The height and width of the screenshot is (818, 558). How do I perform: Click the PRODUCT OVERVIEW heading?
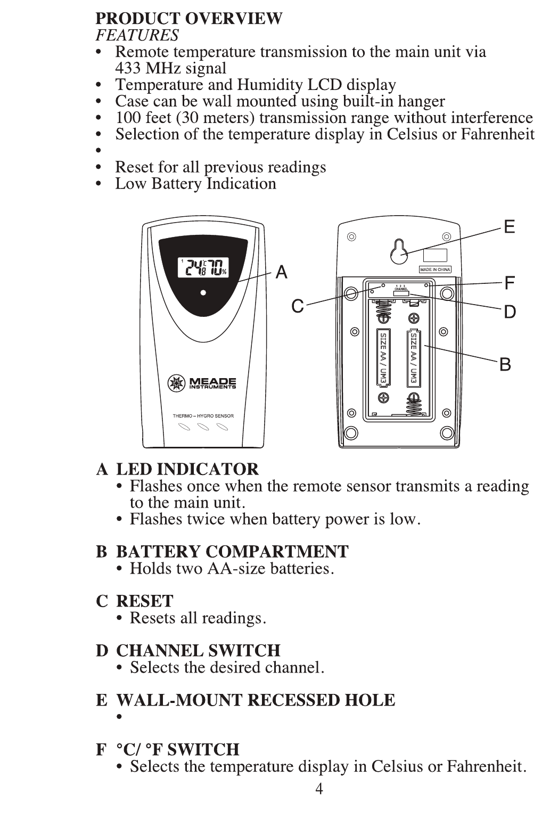coord(189,19)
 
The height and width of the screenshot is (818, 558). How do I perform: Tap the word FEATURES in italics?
coord(137,35)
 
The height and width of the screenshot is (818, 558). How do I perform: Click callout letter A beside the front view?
coord(281,273)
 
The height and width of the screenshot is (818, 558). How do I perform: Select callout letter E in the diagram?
coord(509,227)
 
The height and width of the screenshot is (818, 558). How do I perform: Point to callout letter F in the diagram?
coord(510,283)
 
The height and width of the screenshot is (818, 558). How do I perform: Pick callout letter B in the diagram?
coord(505,365)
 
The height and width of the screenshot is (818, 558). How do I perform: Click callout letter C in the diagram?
coord(297,306)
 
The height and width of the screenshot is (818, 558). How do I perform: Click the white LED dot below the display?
coord(203,292)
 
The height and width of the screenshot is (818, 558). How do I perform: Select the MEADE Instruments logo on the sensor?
coord(202,383)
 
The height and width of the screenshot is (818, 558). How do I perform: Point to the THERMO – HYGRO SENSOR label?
coord(203,416)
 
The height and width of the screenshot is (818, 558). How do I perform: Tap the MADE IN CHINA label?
coord(435,269)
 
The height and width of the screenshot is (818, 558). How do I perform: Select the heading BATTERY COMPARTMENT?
coord(232,551)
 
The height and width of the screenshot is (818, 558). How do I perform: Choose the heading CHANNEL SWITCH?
coord(198,650)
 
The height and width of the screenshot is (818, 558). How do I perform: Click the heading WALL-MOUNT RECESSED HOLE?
coord(256,700)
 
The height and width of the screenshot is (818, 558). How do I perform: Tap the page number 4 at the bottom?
coord(319,789)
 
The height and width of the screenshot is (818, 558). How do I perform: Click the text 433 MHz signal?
coord(170,68)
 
